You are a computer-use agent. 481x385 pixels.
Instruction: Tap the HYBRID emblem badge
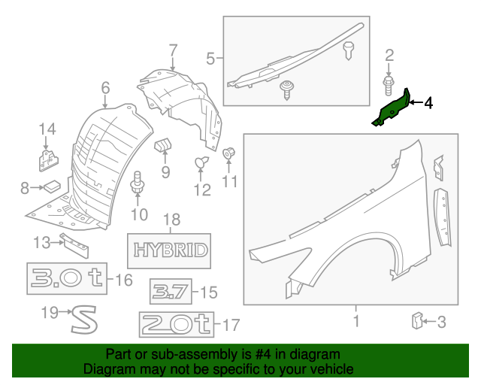point(170,249)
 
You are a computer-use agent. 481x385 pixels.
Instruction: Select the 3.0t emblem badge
point(68,280)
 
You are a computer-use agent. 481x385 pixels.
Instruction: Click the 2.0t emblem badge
point(175,325)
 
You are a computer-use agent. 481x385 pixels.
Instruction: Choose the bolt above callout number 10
point(138,184)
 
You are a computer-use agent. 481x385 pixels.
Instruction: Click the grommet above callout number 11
point(229,154)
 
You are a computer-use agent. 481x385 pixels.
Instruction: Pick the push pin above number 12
point(201,161)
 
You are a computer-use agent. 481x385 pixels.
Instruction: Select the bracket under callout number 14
point(48,159)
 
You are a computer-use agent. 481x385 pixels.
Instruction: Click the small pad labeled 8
point(52,186)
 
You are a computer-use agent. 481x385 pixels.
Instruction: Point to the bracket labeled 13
point(74,243)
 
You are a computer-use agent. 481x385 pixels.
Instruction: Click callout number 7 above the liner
point(173,51)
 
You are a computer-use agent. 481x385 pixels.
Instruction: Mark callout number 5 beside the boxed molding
point(211,57)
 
